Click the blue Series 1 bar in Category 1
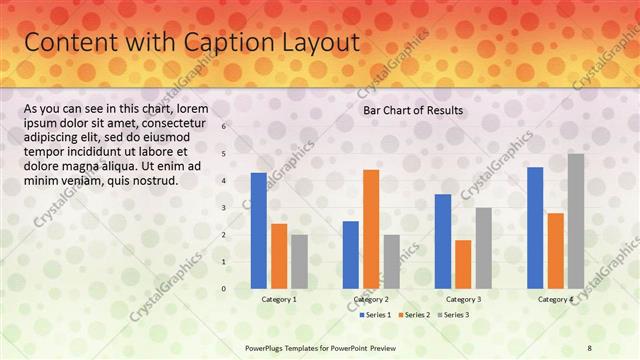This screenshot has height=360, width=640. tap(259, 230)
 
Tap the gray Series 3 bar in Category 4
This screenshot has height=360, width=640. tap(576, 221)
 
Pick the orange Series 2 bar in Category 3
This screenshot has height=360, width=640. tap(463, 264)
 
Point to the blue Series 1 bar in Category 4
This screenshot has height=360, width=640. tap(535, 227)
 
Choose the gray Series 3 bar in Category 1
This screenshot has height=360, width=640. tap(299, 261)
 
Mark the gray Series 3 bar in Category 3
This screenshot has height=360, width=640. tap(483, 248)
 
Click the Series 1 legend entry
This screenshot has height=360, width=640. tap(374, 315)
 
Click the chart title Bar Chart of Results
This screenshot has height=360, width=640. tap(413, 110)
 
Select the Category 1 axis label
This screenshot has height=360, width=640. tap(279, 299)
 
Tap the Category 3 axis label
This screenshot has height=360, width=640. tap(463, 299)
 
